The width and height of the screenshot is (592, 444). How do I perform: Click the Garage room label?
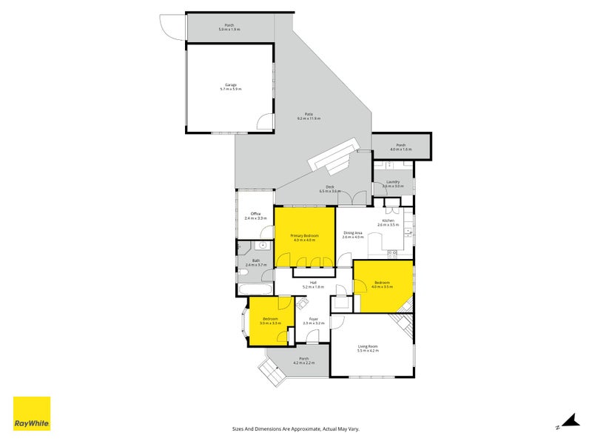click(x=230, y=87)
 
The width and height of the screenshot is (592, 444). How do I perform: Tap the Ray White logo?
click(x=32, y=414)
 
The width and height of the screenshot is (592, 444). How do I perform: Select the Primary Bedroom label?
click(x=304, y=238)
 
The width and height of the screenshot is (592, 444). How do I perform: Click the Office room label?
click(x=255, y=216)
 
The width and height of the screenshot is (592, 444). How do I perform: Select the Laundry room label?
click(x=392, y=184)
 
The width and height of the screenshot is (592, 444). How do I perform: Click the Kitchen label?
click(x=389, y=223)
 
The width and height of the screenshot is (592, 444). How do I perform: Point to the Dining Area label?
click(x=353, y=235)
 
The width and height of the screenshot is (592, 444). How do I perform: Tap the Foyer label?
click(x=314, y=321)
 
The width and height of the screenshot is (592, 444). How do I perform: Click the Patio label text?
click(x=309, y=116)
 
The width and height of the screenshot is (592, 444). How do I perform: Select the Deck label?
click(x=329, y=189)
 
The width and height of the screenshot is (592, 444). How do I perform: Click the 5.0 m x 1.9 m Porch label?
click(x=229, y=27)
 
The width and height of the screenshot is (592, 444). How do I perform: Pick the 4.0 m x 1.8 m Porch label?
click(x=401, y=147)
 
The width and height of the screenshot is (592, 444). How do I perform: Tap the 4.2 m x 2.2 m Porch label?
click(x=303, y=360)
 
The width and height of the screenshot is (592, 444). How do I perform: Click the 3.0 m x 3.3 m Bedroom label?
click(x=269, y=321)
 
